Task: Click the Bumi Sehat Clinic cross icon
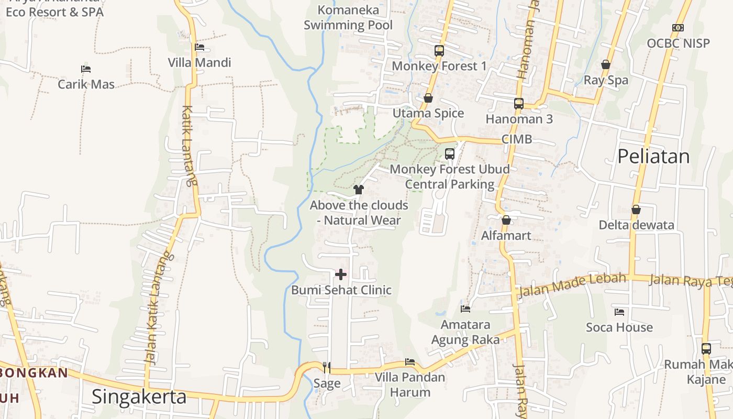(x=341, y=274)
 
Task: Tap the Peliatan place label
(x=653, y=156)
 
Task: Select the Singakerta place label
(x=139, y=396)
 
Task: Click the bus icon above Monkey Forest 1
(x=439, y=51)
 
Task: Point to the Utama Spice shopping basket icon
(x=428, y=98)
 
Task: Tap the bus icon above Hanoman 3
(x=518, y=104)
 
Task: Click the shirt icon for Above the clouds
(x=359, y=190)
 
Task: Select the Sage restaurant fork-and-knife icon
(x=327, y=367)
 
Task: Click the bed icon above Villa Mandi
(x=199, y=47)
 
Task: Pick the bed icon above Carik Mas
(x=86, y=69)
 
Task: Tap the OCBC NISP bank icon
(x=678, y=28)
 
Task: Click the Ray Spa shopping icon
(x=606, y=64)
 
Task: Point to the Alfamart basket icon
(x=506, y=220)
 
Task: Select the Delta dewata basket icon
(x=636, y=210)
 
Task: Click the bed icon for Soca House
(x=619, y=312)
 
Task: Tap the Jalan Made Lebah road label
(x=572, y=285)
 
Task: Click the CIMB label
(x=516, y=139)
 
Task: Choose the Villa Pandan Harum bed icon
(x=410, y=362)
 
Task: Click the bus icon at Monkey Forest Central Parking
(x=449, y=154)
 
